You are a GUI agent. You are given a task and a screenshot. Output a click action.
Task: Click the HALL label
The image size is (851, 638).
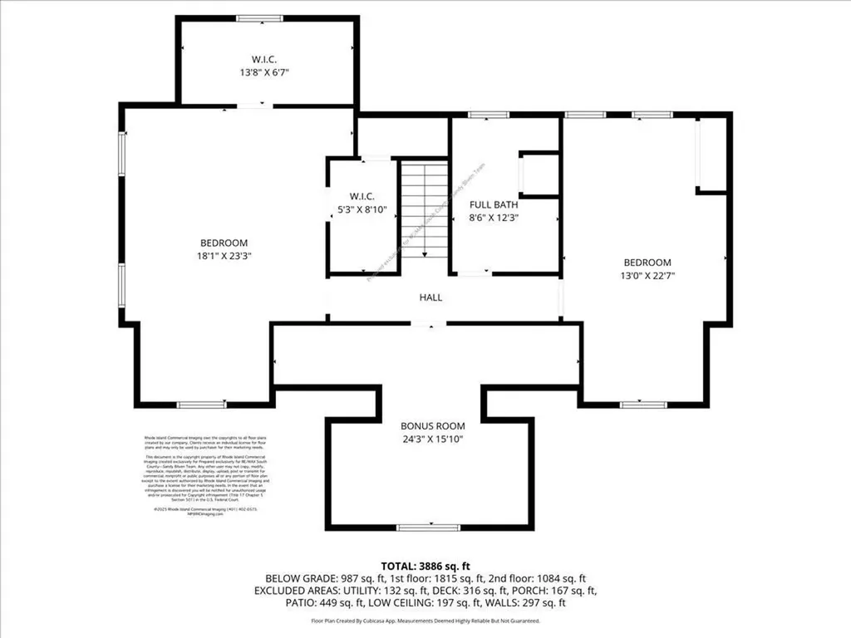click(430, 297)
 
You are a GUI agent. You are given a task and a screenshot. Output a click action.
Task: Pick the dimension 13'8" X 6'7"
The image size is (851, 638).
click(270, 72)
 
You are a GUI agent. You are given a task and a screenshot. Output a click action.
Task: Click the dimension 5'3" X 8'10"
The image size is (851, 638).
click(362, 211)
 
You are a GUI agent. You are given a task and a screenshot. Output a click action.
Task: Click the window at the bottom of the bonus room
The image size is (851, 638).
click(429, 527)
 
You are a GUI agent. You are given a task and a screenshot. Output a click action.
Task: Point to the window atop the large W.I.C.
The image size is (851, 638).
click(258, 18)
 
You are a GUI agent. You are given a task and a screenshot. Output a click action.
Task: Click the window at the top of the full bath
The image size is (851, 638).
click(482, 115)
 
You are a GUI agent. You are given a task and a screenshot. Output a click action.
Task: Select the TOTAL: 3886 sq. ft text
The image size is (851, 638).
click(425, 564)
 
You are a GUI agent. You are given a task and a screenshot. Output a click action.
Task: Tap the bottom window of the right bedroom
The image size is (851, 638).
click(644, 405)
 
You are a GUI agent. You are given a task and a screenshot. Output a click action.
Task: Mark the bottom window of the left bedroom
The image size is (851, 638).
click(201, 405)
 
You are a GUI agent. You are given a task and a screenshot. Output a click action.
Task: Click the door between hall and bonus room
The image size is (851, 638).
click(430, 325)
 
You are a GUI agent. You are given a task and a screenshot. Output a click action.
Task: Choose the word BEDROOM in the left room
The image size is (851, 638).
click(223, 243)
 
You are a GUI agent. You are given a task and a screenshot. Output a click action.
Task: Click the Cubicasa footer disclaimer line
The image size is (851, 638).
click(425, 621)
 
